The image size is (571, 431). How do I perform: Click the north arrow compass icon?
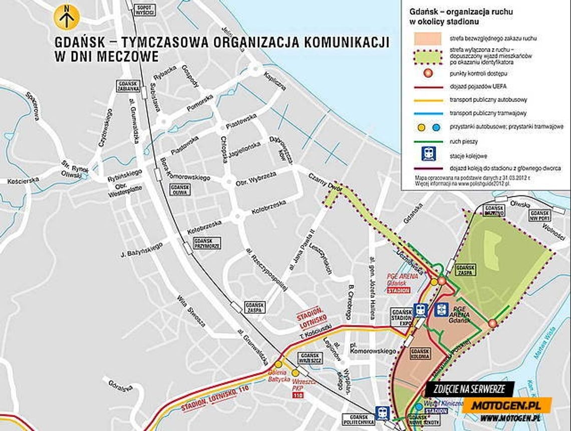click(67, 17)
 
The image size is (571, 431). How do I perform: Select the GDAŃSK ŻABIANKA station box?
click(129, 86)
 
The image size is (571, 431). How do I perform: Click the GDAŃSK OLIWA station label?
click(180, 190)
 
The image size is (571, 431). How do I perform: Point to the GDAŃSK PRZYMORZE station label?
click(207, 243)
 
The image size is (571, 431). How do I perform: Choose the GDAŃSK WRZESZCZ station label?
click(311, 357)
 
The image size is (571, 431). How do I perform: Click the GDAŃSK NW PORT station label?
click(539, 216)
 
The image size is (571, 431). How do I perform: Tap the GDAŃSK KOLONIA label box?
click(420, 354)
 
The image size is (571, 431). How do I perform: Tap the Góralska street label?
click(120, 387)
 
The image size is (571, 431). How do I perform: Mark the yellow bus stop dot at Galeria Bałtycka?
click(278, 364)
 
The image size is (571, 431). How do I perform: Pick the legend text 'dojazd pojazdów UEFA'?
click(474, 87)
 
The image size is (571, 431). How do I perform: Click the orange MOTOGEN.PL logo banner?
click(506, 404)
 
